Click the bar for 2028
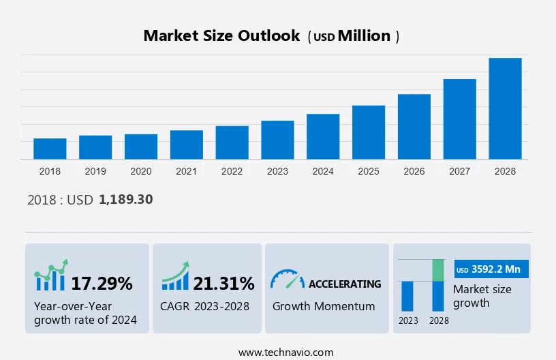pyautogui.click(x=505, y=108)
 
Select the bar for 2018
pyautogui.click(x=50, y=149)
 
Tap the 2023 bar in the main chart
pyautogui.click(x=277, y=140)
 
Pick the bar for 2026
pyautogui.click(x=414, y=127)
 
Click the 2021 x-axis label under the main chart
pyautogui.click(x=186, y=171)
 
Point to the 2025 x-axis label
pyautogui.click(x=369, y=171)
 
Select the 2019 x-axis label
pyautogui.click(x=95, y=171)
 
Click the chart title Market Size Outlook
pyautogui.click(x=221, y=36)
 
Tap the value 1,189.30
pyautogui.click(x=125, y=200)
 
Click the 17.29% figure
pyautogui.click(x=102, y=283)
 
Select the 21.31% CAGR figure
pyautogui.click(x=223, y=283)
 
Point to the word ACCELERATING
pyautogui.click(x=345, y=284)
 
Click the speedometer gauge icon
pyautogui.click(x=287, y=279)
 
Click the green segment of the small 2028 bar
pyautogui.click(x=439, y=270)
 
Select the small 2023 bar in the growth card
pyautogui.click(x=407, y=296)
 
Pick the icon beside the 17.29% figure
pyautogui.click(x=51, y=275)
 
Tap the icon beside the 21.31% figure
pyautogui.click(x=175, y=277)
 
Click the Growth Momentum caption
pyautogui.click(x=324, y=306)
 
